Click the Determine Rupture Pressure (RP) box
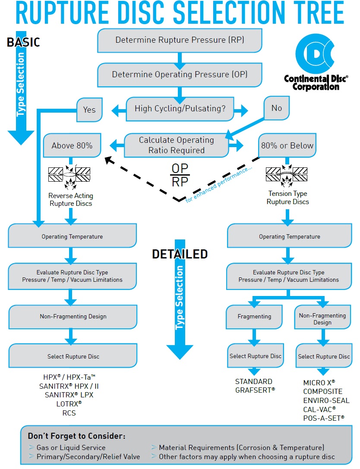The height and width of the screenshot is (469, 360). tap(180, 40)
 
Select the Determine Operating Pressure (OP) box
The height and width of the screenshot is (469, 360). tap(180, 74)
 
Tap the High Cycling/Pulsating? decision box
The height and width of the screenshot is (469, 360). tap(180, 109)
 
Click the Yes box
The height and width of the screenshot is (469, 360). tap(89, 110)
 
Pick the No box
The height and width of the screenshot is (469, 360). tap(277, 108)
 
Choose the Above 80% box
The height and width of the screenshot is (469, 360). tap(72, 146)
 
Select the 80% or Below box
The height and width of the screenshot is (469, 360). tap(287, 145)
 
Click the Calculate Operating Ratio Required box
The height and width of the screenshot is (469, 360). tap(176, 145)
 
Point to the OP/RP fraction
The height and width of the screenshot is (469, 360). tap(180, 175)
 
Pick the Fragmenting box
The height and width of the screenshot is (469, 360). tap(254, 317)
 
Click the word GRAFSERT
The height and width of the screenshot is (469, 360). tap(255, 390)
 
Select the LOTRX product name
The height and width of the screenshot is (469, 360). tap(69, 404)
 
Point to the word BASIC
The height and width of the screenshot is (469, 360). tap(23, 42)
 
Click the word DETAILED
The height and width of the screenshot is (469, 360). tap(180, 255)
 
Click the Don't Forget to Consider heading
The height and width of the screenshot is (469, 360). tap(76, 436)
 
